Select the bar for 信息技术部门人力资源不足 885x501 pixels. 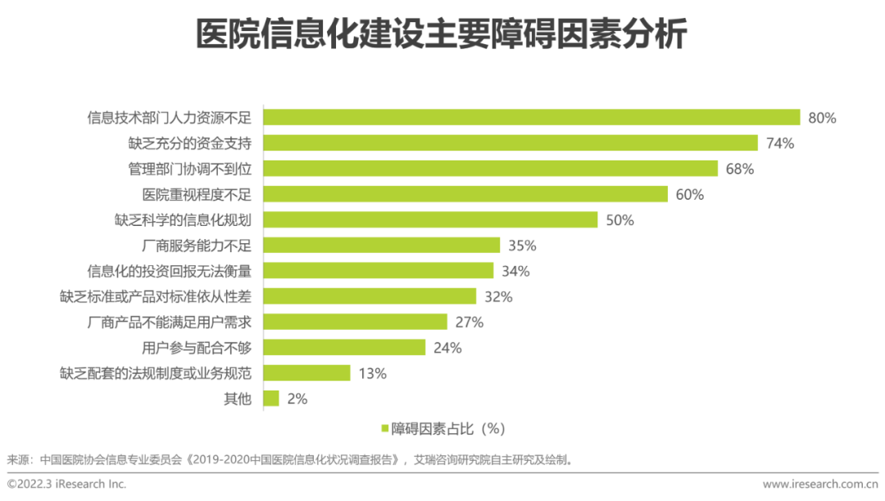coord(531,117)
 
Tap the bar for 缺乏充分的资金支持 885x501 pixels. coord(510,143)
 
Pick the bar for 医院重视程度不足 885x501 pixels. coord(465,194)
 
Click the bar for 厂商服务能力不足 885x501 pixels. coord(381,245)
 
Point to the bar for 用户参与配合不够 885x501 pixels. coord(344,347)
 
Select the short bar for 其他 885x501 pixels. coord(271,398)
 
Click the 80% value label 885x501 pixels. coord(822,118)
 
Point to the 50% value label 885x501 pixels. coord(619,219)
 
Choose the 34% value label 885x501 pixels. coord(515,271)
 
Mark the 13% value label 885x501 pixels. coord(372,373)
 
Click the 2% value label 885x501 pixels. coord(297,399)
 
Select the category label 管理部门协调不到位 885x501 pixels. coord(190,169)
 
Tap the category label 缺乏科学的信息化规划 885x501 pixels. coord(183,219)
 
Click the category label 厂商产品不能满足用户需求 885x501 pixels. coord(169,322)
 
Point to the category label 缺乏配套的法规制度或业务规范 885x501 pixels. coord(155,373)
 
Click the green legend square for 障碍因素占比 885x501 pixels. coord(384,428)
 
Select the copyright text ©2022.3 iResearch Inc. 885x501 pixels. coord(67,484)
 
